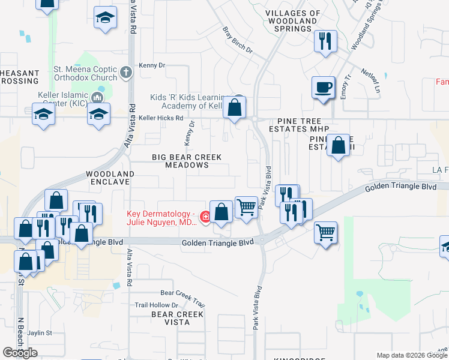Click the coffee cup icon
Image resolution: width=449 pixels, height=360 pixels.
tap(323, 87)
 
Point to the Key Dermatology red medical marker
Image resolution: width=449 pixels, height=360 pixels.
tap(205, 217)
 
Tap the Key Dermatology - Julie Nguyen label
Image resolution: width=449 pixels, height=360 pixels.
tap(161, 218)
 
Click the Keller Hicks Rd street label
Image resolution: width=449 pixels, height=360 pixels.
tap(160, 118)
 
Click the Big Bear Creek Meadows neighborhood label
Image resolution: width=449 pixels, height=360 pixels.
tap(186, 161)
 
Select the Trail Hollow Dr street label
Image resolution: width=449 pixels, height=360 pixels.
tap(157, 305)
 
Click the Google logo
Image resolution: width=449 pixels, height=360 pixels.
tap(20, 352)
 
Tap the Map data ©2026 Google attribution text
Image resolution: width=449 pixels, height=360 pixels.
tap(411, 355)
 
